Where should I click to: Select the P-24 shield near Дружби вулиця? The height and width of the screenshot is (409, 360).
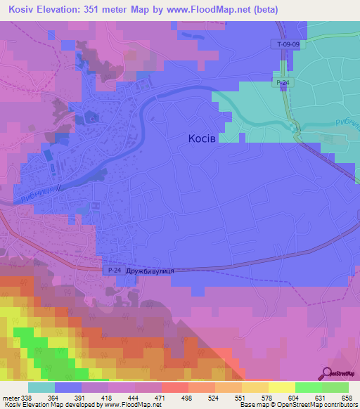(x=114, y=271)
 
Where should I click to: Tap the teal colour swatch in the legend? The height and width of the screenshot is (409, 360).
(x=41, y=388)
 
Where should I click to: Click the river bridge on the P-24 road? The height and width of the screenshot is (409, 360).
(x=294, y=126)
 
